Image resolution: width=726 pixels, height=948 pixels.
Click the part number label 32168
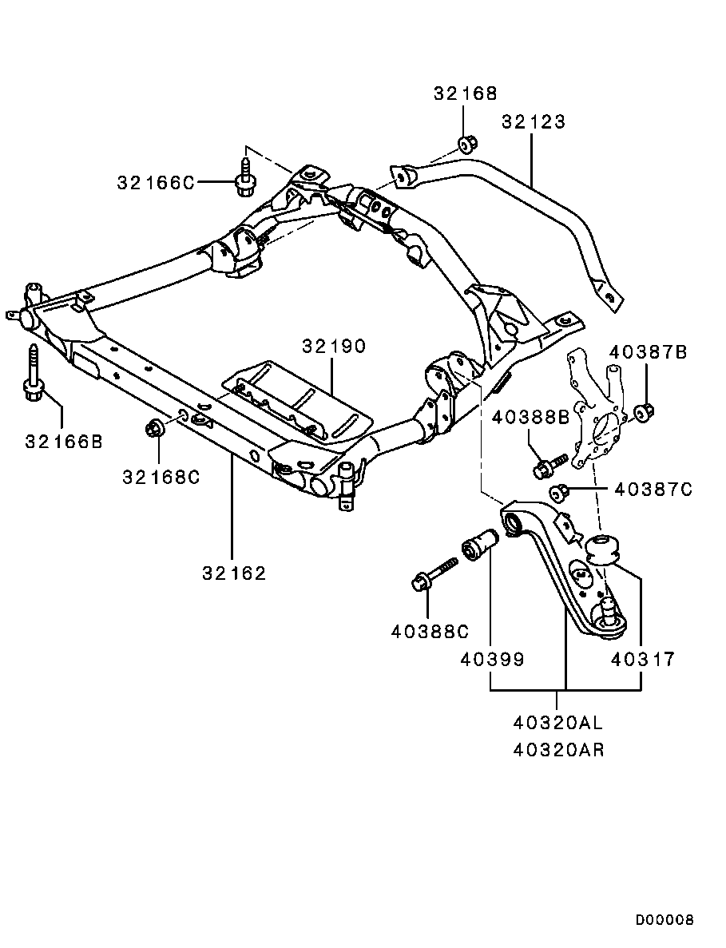465,93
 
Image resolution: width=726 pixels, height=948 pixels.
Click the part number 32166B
63,440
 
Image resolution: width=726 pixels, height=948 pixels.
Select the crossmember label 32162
233,573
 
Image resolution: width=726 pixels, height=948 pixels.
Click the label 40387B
648,352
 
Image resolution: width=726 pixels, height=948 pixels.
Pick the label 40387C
653,490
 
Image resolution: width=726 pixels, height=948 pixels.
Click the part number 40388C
430,631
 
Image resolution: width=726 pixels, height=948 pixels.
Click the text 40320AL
558,724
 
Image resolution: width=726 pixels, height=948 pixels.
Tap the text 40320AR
558,751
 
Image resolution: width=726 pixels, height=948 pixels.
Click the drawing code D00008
665,920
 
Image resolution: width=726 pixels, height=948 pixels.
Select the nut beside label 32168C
155,428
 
